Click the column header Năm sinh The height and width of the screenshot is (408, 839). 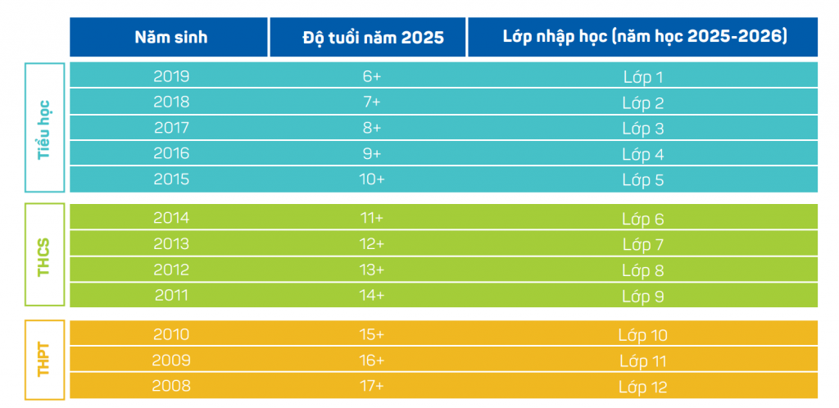point(171,38)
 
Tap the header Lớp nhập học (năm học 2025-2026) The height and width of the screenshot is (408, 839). point(644,38)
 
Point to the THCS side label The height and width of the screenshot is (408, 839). point(44,256)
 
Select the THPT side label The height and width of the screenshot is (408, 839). point(44,360)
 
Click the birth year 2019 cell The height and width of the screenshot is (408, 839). point(171,77)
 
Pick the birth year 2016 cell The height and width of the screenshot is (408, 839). point(171,153)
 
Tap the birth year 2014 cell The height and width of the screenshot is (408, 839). point(171,218)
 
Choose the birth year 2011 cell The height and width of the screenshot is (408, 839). point(171,295)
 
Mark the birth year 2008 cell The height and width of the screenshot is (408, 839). point(171,386)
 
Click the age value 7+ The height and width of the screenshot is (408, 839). point(371,102)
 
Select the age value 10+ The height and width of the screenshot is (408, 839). point(371,179)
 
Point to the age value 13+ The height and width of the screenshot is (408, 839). point(371,270)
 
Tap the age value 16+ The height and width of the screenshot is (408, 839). point(371,360)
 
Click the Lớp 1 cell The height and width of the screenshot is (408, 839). point(642,78)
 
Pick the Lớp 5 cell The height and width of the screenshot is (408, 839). point(642,179)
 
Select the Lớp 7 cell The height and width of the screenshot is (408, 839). point(642,244)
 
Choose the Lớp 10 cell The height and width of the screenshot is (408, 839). point(642,335)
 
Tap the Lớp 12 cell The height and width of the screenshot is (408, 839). point(642,386)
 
